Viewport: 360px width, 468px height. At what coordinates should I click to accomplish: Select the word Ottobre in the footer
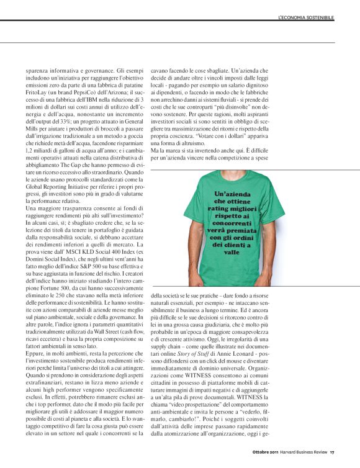248,451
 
